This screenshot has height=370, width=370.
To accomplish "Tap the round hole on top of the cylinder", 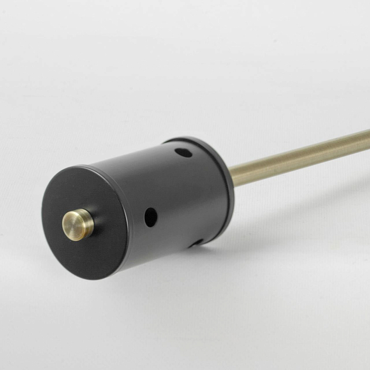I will coord(183,153).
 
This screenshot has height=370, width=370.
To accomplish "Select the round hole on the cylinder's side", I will coord(151,217).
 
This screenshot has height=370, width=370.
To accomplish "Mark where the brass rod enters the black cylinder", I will coord(233,177).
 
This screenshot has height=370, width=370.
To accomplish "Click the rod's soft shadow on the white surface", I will coord(317,196).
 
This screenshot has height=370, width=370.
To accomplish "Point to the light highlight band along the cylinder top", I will coord(132,159).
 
